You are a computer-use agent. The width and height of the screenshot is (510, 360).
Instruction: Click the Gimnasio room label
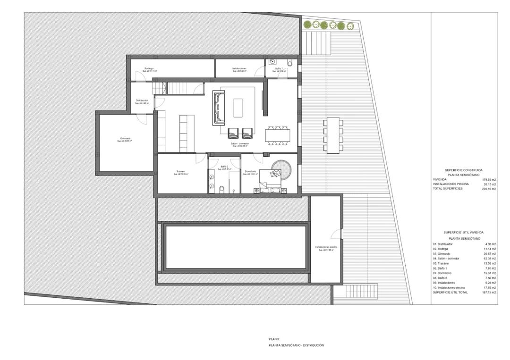click(125, 139)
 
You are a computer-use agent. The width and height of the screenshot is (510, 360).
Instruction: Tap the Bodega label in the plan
click(149, 68)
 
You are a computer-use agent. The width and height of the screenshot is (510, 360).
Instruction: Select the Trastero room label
click(180, 171)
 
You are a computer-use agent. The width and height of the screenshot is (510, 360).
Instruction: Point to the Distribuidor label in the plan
click(142, 100)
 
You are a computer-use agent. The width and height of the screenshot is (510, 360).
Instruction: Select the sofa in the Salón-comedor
click(219, 107)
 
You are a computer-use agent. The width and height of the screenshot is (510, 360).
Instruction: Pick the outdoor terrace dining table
click(334, 134)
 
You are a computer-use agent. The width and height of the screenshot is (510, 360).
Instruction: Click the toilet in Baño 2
click(221, 188)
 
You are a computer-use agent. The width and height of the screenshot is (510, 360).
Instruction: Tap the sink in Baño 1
click(273, 62)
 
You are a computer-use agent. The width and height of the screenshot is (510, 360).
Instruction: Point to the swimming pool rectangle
click(235, 247)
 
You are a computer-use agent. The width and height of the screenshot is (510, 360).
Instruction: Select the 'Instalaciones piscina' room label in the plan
click(326, 247)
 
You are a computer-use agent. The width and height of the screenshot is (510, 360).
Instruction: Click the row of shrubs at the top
click(328, 25)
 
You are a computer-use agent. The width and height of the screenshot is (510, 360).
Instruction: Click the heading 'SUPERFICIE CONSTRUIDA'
click(463, 170)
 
